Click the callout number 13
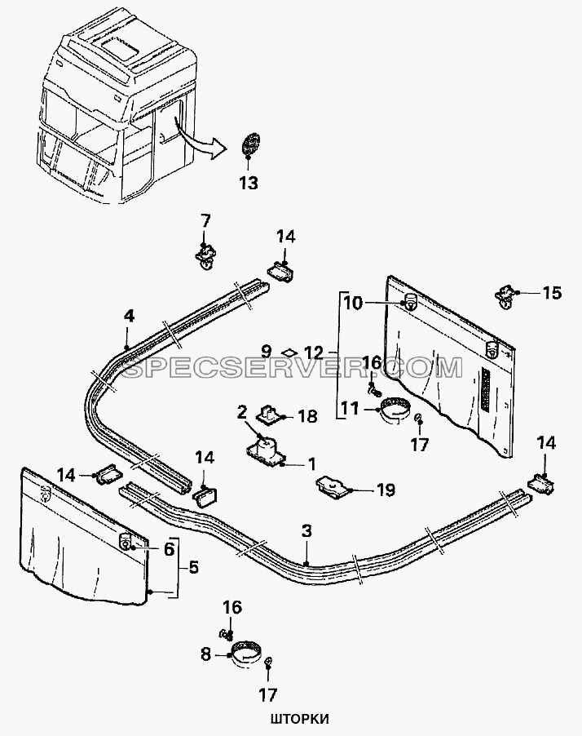pos(249,183)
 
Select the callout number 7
pos(205,220)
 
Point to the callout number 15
pos(552,293)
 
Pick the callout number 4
pos(129,317)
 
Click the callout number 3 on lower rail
pos(306,531)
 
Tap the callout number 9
pos(266,351)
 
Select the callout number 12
pos(314,351)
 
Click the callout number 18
pos(307,416)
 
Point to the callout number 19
pos(386,490)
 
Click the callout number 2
pos(242,413)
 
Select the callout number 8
pos(205,654)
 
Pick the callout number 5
pos(194,567)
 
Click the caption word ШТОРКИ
pos(299,719)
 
